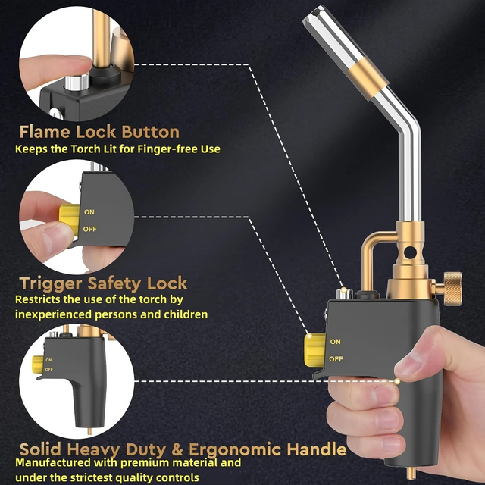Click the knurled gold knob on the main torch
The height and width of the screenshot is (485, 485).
tap(452, 289)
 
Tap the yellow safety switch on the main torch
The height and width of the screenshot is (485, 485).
tap(314, 350)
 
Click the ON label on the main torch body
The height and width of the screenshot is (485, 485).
tap(335, 342)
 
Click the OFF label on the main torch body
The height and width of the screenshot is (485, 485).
tap(336, 359)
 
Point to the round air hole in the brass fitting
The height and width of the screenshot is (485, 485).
tap(410, 252)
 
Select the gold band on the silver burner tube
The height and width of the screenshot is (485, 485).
tap(368, 79)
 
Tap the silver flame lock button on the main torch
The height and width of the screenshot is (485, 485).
tap(344, 293)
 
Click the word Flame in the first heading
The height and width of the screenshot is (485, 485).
tap(45, 132)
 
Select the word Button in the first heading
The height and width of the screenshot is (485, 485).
tap(150, 132)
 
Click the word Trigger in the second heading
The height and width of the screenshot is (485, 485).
tap(51, 284)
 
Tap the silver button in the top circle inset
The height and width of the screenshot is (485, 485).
tap(77, 82)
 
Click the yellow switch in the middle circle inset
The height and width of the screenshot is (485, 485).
tap(69, 220)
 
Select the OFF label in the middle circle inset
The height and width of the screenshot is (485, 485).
tap(89, 229)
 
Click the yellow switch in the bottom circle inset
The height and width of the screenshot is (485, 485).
tap(38, 365)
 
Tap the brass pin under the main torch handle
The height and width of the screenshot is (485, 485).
tap(411, 474)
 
